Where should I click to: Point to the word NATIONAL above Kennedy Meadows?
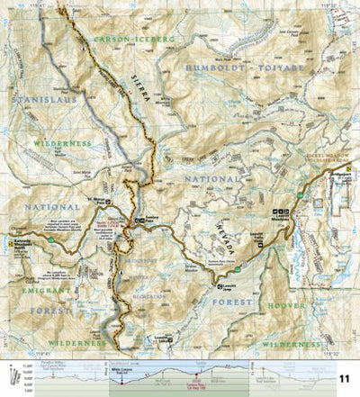(32, 207)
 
